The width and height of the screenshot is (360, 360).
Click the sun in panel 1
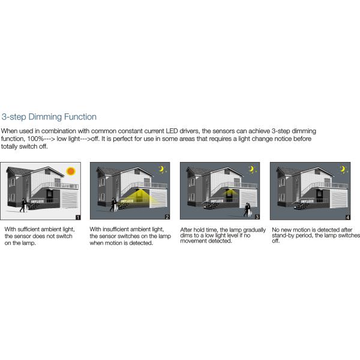coord(71,170)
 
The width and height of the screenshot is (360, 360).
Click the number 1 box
coord(77,217)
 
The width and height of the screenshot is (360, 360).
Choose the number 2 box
coord(167,217)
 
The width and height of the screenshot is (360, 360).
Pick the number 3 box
coord(257,217)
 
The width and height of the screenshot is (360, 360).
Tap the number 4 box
coord(347,217)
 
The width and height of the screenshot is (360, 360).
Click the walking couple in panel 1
coord(23,205)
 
